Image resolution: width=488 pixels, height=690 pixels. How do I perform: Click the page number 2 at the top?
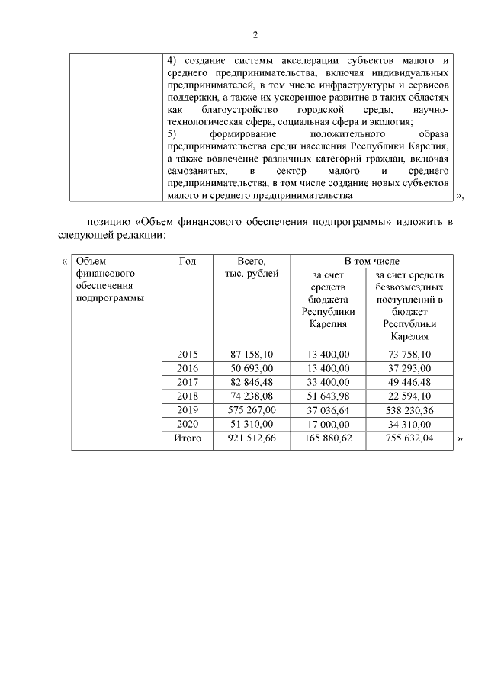point(255,35)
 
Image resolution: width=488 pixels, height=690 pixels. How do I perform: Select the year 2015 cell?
point(188,354)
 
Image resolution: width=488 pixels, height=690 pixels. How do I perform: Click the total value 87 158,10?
point(252,354)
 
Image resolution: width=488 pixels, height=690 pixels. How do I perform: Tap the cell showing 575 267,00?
point(252,410)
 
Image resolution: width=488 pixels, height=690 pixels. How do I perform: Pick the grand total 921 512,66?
point(252,439)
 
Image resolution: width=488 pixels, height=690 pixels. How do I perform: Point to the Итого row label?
point(188,439)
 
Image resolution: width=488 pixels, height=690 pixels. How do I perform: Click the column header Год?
point(188,262)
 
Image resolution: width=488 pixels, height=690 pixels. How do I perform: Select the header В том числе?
point(371,262)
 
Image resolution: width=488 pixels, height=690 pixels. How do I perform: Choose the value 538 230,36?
point(410,410)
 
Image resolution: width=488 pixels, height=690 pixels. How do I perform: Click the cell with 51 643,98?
point(329,396)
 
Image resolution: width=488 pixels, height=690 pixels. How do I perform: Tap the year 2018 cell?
point(188,396)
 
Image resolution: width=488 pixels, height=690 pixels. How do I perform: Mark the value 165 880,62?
point(329,439)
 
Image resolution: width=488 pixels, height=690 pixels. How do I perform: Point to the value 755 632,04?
point(410,439)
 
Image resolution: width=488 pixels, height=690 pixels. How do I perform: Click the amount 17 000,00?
point(329,425)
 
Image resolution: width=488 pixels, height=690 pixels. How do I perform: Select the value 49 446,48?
point(410,382)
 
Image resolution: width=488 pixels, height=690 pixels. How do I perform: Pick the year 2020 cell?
point(188,425)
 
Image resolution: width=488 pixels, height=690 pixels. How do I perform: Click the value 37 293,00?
point(410,368)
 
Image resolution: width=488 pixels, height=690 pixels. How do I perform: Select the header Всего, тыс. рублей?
point(252,268)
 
